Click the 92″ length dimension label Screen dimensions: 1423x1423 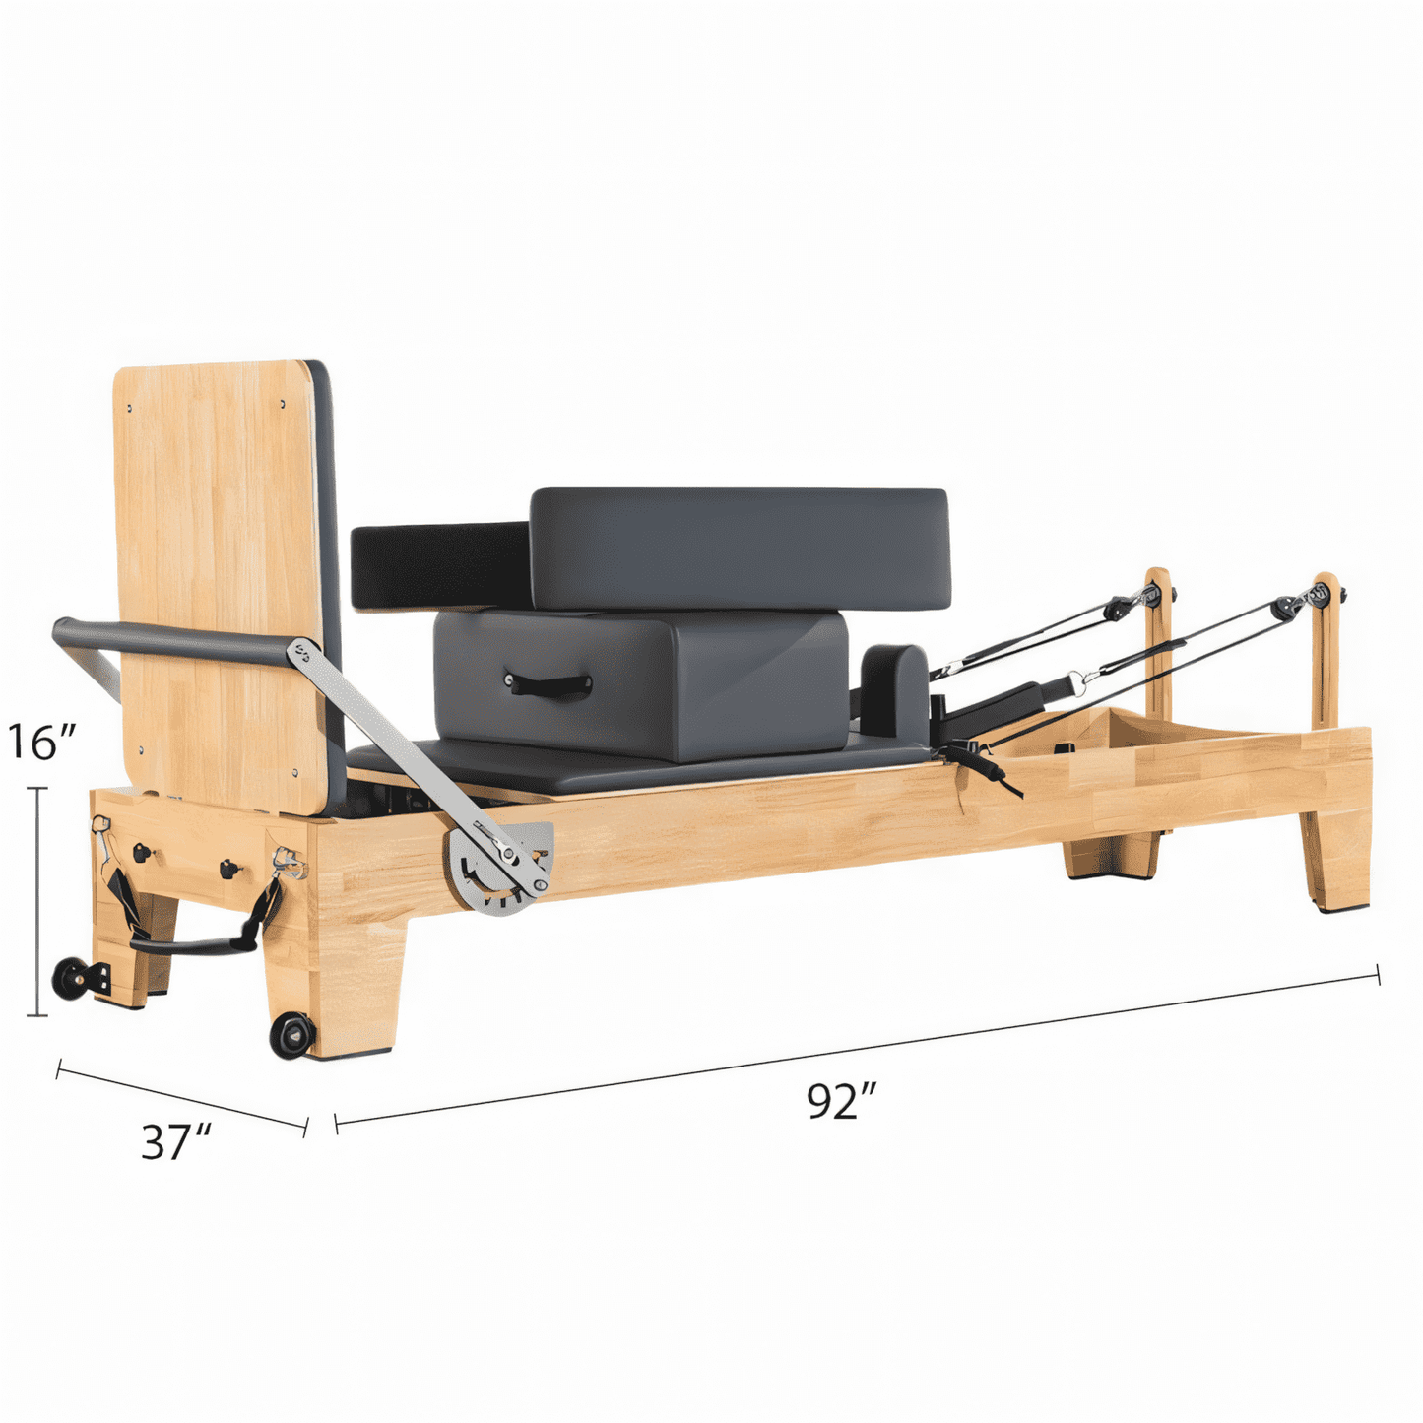tap(841, 1123)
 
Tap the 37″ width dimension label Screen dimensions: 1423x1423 tap(176, 1162)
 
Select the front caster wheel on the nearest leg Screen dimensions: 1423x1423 tap(292, 1036)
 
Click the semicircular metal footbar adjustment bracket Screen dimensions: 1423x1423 tap(498, 869)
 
